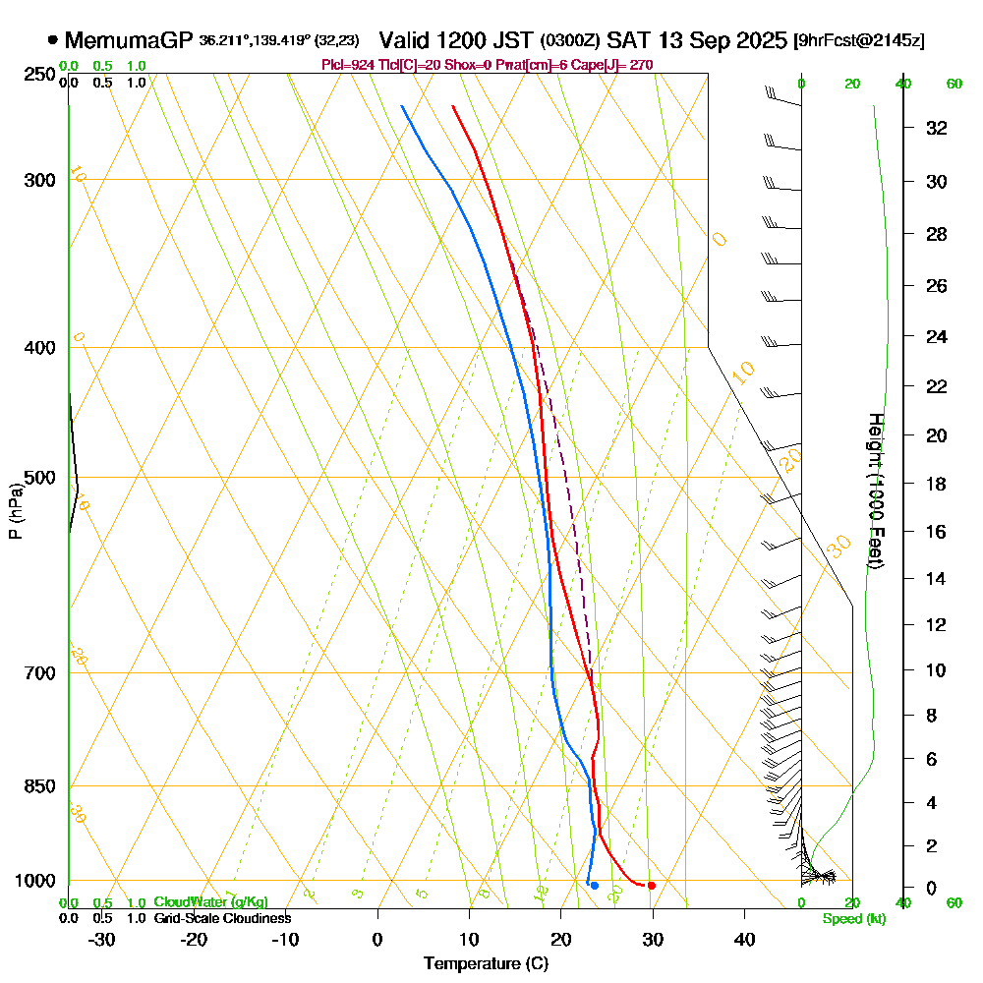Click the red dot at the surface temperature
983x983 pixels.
coord(652,886)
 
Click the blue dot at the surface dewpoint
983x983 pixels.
coord(595,886)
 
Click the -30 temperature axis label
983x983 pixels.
coord(102,939)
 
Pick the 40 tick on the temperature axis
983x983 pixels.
coord(744,939)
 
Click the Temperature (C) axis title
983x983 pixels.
coord(486,964)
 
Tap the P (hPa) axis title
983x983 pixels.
coord(15,511)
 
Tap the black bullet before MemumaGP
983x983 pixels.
coord(52,40)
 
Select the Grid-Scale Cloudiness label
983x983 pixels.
coord(222,918)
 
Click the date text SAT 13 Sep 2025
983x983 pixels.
coord(697,40)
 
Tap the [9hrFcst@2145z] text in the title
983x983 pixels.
coord(858,41)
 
